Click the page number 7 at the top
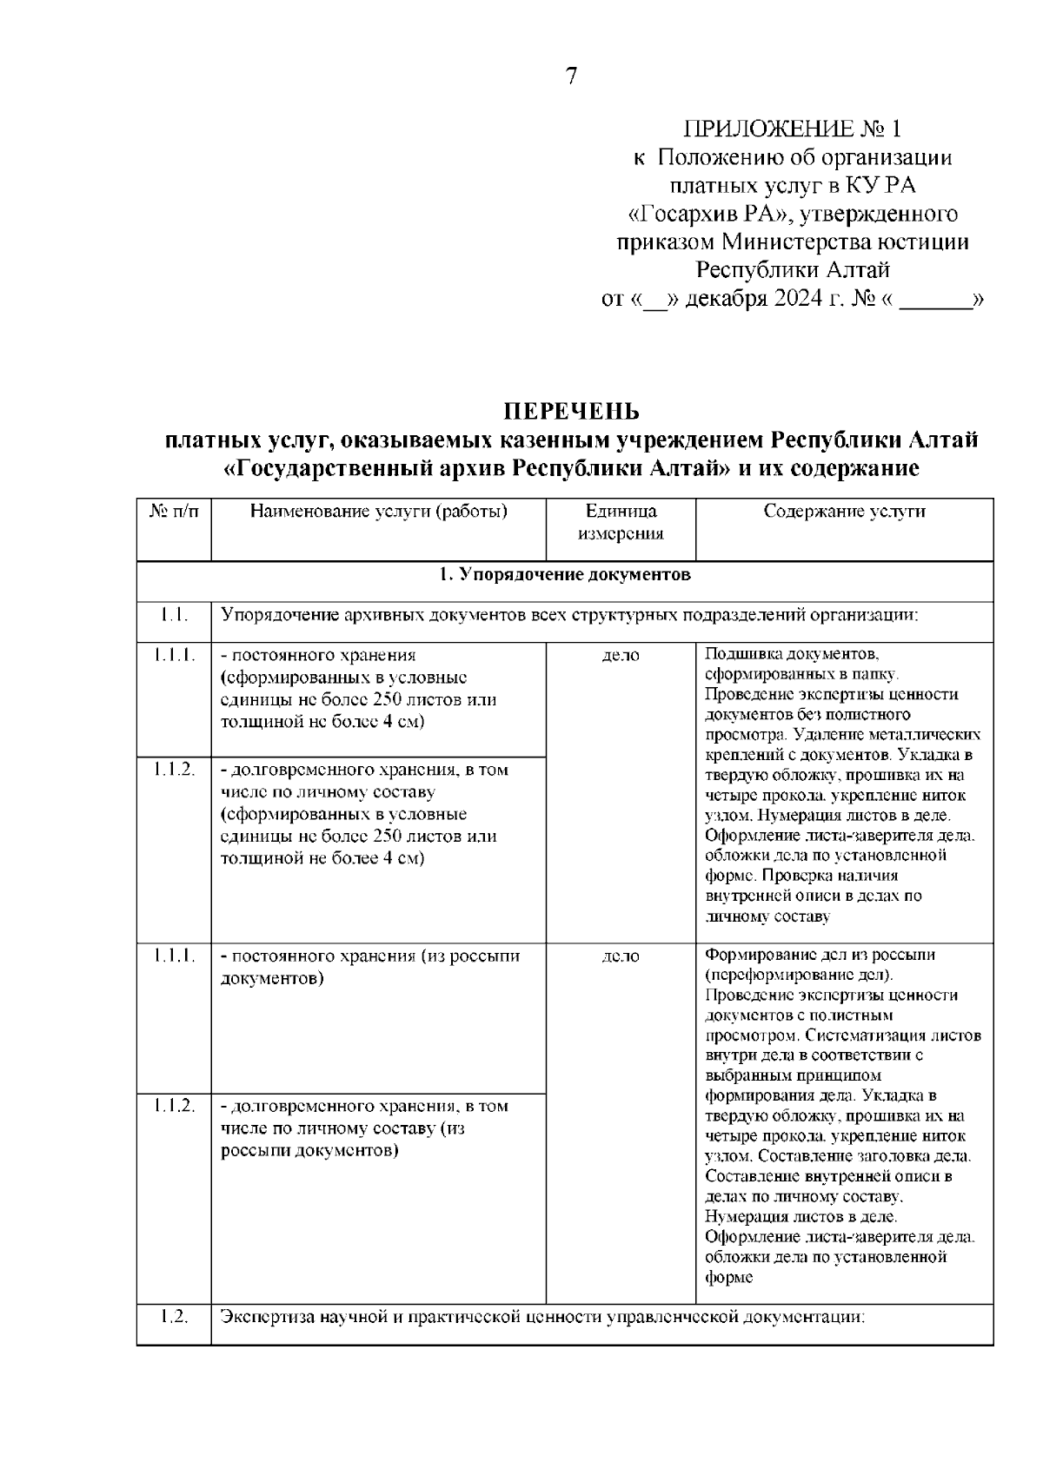click(x=571, y=76)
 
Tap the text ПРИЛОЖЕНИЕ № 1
click(x=792, y=129)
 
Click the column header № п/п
click(x=174, y=512)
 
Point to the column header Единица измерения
click(x=621, y=522)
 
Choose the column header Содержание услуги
click(x=844, y=512)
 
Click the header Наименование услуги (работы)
click(x=379, y=512)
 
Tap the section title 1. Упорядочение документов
click(x=565, y=575)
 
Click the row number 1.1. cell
click(x=174, y=616)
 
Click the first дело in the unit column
click(x=621, y=656)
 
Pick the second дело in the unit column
click(x=621, y=956)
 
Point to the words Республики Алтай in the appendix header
click(x=792, y=271)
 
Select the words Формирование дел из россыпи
click(x=820, y=955)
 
